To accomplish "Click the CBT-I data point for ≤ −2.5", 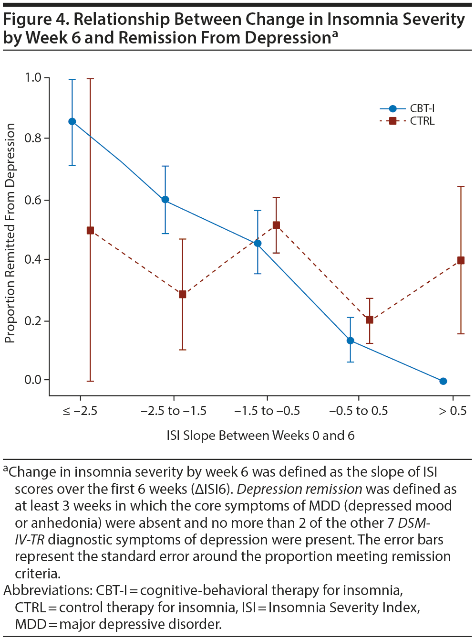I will (x=72, y=121).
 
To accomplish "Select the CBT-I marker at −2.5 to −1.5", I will (x=165, y=200).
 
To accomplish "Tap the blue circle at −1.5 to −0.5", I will (x=258, y=243).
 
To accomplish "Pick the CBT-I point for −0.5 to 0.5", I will (x=351, y=341).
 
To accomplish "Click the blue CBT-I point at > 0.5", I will (x=443, y=381).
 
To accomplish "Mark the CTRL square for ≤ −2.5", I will (x=90, y=230).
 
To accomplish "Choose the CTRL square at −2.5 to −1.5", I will (x=183, y=294).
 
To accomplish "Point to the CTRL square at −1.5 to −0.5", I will (x=276, y=225).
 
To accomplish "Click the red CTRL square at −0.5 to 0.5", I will (x=370, y=320).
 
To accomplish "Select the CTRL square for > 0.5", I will (x=461, y=260).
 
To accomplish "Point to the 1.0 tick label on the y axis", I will (x=33, y=77).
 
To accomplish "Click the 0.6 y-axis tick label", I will (x=33, y=200).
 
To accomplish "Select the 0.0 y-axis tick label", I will (x=33, y=380).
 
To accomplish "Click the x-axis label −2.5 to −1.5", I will (x=174, y=411).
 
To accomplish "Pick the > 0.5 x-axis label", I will (x=453, y=411).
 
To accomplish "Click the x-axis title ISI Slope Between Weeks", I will (x=260, y=436).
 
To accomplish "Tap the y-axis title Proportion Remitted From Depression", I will (x=10, y=233).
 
